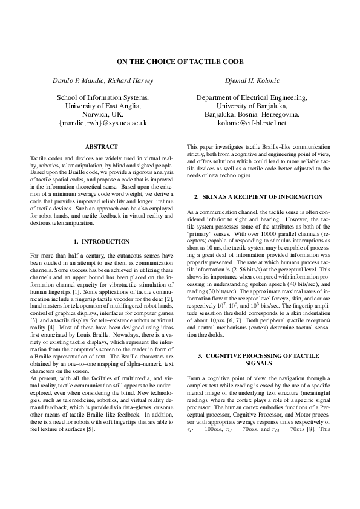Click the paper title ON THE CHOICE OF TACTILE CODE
tap(180, 62)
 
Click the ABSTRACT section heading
tap(102, 147)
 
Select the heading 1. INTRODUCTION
tap(102, 241)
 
